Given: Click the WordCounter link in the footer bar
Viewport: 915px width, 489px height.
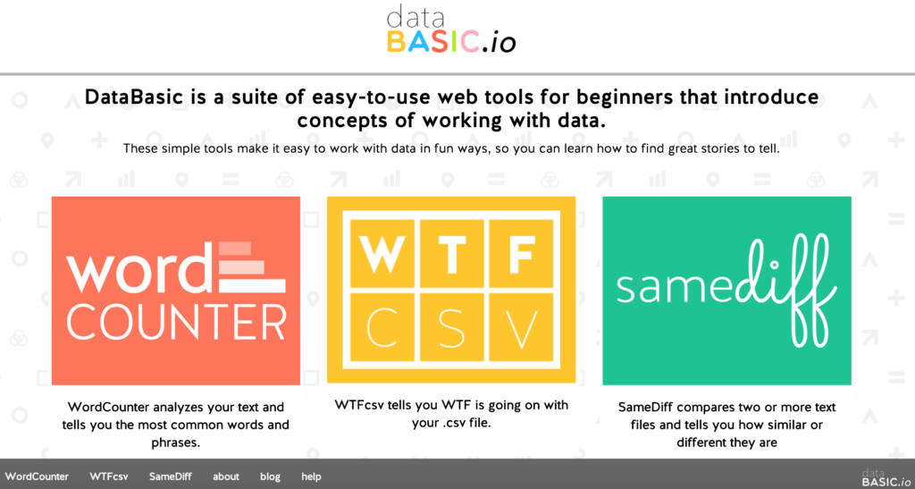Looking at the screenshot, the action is [37, 476].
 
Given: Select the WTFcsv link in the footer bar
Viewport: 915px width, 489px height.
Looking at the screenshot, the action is [108, 476].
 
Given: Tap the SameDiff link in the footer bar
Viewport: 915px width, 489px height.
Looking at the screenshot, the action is [171, 476].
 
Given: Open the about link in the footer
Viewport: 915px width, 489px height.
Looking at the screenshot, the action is [226, 476].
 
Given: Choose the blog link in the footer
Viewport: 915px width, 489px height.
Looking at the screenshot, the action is [270, 476].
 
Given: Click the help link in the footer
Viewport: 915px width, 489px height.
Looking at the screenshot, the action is [311, 476].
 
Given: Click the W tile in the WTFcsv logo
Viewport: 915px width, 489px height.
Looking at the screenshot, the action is [382, 255].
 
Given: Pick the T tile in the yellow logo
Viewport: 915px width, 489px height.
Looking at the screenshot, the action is [451, 255].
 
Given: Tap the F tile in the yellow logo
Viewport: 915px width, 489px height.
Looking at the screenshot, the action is [521, 255].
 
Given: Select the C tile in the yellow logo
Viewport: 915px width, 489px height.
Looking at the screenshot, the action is [382, 327].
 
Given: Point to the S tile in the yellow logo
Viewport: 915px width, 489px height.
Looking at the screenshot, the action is [451, 327].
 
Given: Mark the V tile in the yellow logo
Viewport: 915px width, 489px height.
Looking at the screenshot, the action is [521, 327].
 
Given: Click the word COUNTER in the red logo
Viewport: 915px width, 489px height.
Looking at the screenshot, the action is [176, 322].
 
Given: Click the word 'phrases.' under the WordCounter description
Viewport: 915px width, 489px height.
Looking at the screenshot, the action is [176, 443].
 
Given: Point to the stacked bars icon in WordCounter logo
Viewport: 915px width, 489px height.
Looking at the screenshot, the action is [252, 266].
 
